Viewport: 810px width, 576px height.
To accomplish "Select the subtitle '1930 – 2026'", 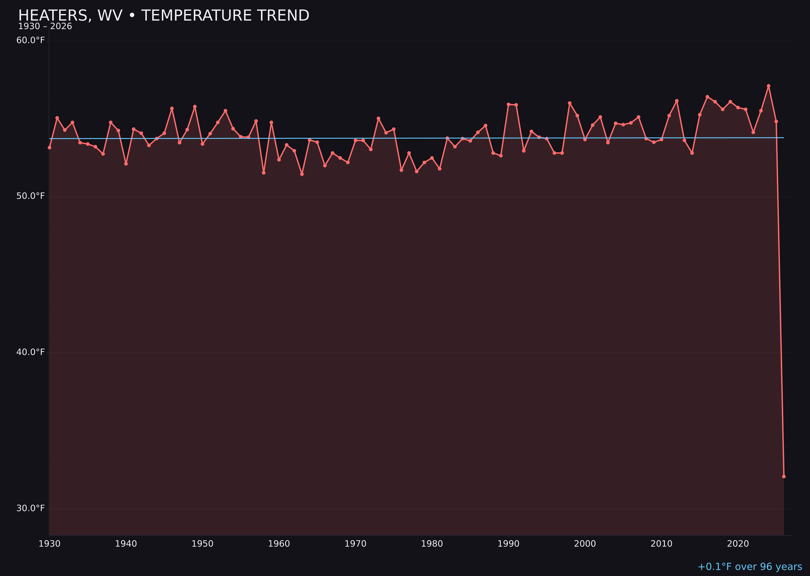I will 45,27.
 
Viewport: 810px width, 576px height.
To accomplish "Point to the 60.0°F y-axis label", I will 31,41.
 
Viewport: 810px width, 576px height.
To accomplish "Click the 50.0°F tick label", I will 31,196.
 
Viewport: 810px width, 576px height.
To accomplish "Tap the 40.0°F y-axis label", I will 31,352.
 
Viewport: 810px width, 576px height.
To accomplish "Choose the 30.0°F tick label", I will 31,508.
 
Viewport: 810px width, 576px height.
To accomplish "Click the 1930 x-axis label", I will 50,544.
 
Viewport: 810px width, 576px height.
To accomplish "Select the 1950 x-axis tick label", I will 202,544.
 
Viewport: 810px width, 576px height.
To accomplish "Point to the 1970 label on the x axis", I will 355,544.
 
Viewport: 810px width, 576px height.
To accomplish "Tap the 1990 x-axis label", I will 508,544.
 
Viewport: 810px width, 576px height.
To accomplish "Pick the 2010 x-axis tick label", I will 661,544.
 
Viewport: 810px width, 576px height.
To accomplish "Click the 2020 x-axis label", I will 738,544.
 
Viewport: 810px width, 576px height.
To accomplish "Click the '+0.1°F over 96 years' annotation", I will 750,567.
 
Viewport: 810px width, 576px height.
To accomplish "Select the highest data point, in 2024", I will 768,86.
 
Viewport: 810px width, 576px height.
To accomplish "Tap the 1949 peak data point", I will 195,106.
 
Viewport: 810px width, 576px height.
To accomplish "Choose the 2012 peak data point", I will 677,101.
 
